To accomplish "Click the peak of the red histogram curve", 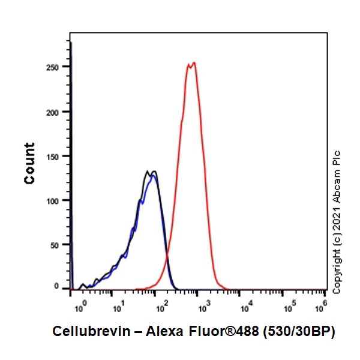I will point(193,62).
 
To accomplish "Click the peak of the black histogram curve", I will point(148,172).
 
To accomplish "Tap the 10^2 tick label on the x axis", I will point(161,308).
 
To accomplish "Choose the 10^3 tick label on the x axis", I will point(203,308).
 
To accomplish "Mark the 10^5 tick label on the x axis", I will point(289,308).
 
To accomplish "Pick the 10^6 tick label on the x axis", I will point(322,308).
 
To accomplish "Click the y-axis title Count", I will point(29,163).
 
